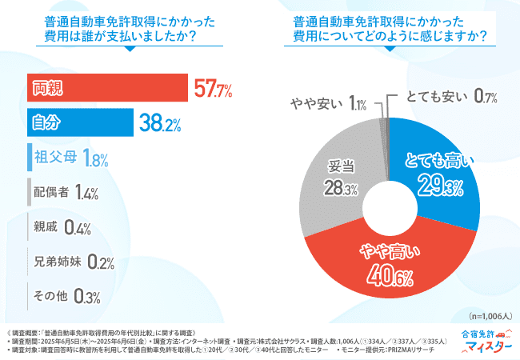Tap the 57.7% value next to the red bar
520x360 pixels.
click(x=212, y=89)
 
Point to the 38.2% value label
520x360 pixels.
click(x=160, y=123)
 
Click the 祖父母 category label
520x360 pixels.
click(x=55, y=157)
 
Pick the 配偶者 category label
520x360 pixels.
click(x=50, y=192)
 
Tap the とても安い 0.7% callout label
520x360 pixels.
click(x=453, y=97)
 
